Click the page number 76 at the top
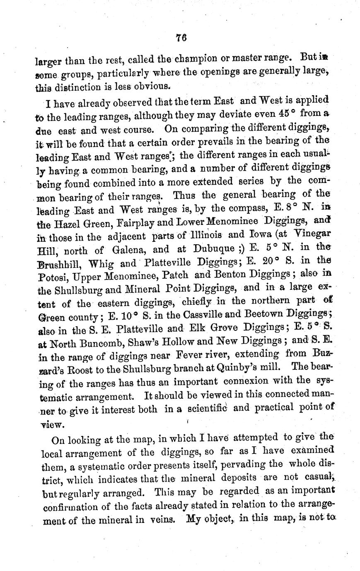(180, 38)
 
